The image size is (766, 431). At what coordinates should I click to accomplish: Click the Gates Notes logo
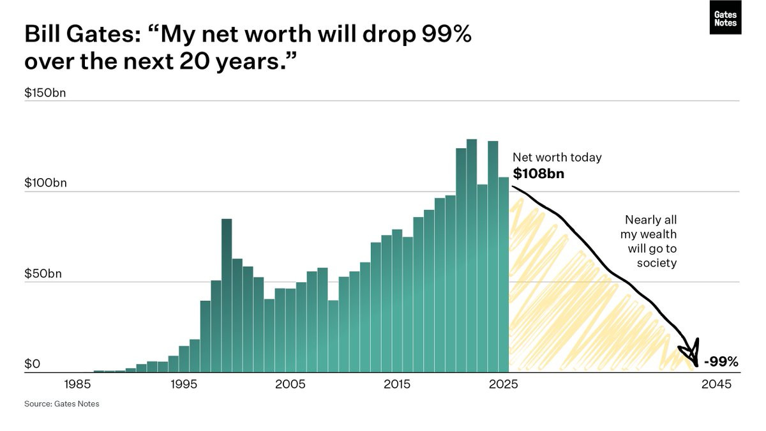725,18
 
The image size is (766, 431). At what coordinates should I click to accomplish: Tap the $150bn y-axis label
45,93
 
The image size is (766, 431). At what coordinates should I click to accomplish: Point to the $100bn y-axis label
45,183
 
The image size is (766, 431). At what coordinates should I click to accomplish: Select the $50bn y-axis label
43,273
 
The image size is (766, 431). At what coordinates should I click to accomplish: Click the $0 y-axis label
33,364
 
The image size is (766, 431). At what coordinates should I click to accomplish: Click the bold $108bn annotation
538,173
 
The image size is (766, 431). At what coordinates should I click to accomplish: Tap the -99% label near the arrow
721,362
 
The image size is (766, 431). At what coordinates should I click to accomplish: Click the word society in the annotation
656,262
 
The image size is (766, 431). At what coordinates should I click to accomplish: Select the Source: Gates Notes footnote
62,404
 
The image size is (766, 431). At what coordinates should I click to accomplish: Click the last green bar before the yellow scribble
504,275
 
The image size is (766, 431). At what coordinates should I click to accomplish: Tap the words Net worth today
557,157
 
